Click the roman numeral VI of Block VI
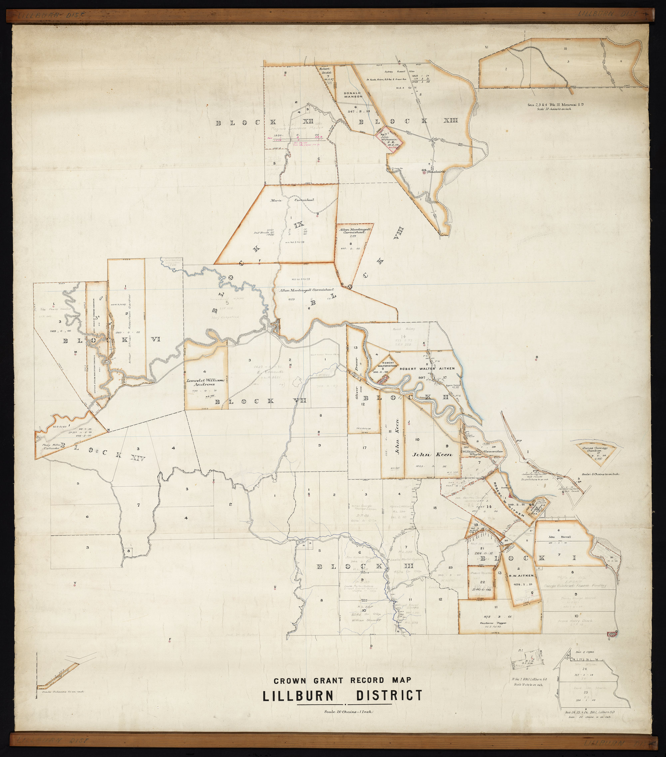pos(155,340)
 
